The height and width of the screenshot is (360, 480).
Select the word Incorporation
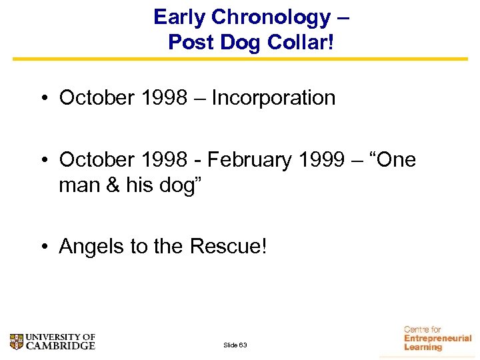(273, 98)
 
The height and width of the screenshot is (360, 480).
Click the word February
(249, 160)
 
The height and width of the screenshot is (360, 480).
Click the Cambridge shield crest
(17, 342)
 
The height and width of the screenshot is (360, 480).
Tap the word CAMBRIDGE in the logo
(61, 346)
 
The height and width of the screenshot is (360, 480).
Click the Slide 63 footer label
(235, 345)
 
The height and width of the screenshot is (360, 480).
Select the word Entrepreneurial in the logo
(437, 339)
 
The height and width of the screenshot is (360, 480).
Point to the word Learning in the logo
(423, 347)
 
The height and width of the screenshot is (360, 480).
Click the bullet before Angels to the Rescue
(43, 247)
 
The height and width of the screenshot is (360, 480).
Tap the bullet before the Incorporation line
(43, 99)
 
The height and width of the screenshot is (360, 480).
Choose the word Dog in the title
(234, 42)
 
